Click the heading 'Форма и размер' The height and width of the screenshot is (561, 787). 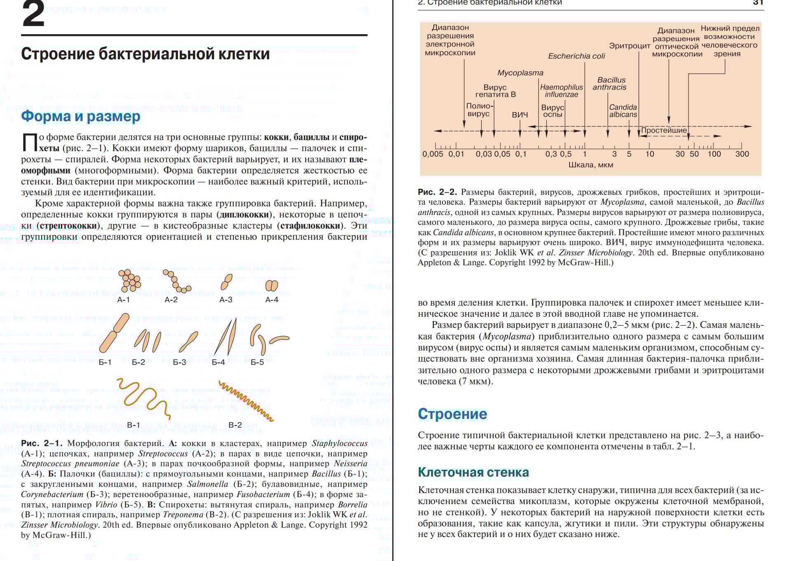[81, 116]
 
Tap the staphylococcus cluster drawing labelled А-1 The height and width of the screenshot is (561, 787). [130, 280]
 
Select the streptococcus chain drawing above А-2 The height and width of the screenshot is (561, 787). [176, 281]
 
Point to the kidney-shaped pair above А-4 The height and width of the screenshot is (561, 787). [272, 285]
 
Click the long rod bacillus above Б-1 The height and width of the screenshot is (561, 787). [114, 333]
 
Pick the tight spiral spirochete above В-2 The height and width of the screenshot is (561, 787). [246, 401]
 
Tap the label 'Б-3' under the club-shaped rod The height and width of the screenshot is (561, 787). [179, 362]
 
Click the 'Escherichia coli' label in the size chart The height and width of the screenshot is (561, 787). [576, 56]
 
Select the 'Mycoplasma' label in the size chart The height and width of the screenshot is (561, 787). [520, 73]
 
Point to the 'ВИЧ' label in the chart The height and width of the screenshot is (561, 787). [520, 115]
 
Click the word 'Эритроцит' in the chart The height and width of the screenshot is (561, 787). [630, 46]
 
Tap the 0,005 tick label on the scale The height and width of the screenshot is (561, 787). [433, 154]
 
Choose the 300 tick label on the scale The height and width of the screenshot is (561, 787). [742, 154]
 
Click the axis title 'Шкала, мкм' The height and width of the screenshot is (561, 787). [590, 165]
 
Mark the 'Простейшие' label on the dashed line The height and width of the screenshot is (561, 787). [664, 130]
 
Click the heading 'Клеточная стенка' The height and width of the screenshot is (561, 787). [473, 472]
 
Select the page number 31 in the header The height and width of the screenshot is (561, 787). [758, 2]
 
